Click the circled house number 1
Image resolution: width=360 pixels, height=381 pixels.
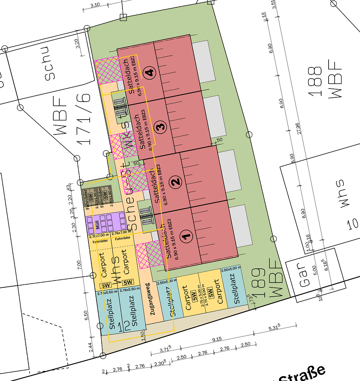point(187,236)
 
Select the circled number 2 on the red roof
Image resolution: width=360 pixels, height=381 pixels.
point(175,182)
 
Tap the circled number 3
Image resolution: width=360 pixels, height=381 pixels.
point(161,126)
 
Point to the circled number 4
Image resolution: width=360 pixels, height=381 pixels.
point(150,73)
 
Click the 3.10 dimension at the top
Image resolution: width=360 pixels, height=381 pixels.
point(95,5)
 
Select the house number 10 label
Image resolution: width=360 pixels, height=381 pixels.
point(353,224)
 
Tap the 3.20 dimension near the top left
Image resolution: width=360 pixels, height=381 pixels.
point(78,43)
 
